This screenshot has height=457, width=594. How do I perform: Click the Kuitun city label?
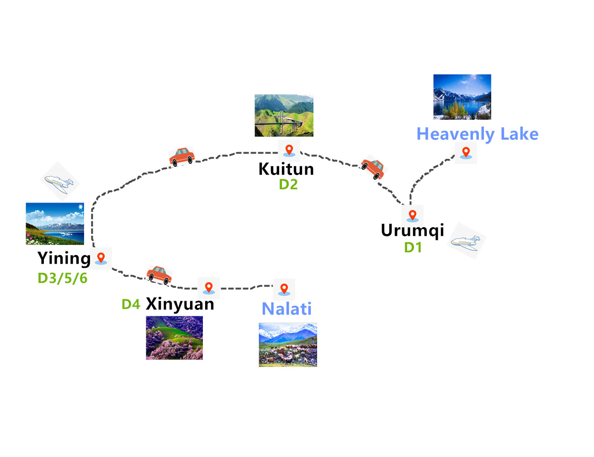click(x=286, y=169)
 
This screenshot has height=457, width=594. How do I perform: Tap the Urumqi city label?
click(x=412, y=230)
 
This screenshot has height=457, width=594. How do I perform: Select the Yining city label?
click(x=64, y=258)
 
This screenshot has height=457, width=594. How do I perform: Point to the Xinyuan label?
click(x=180, y=304)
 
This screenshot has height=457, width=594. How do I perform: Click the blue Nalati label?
click(x=286, y=309)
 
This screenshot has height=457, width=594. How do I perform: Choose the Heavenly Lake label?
click(x=477, y=134)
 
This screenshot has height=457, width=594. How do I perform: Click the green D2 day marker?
click(x=288, y=185)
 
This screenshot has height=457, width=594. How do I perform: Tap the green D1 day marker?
click(x=413, y=247)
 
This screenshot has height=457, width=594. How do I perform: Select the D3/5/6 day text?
click(x=62, y=278)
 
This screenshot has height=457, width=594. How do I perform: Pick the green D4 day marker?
click(x=131, y=304)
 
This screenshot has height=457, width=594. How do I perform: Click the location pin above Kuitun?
click(x=289, y=150)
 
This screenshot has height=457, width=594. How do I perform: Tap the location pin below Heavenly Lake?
click(x=466, y=153)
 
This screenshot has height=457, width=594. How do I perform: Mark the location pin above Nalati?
click(x=284, y=289)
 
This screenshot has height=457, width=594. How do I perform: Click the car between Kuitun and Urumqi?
click(x=373, y=169)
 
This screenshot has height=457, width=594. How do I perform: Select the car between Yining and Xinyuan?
click(x=159, y=275)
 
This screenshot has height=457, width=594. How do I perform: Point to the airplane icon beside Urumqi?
click(x=466, y=241)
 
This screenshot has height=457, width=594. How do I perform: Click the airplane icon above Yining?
click(x=59, y=182)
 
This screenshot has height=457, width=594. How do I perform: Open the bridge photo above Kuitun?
click(x=284, y=116)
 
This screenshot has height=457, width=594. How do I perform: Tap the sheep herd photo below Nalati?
click(x=288, y=345)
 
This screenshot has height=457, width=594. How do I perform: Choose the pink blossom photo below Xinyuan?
click(x=174, y=338)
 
